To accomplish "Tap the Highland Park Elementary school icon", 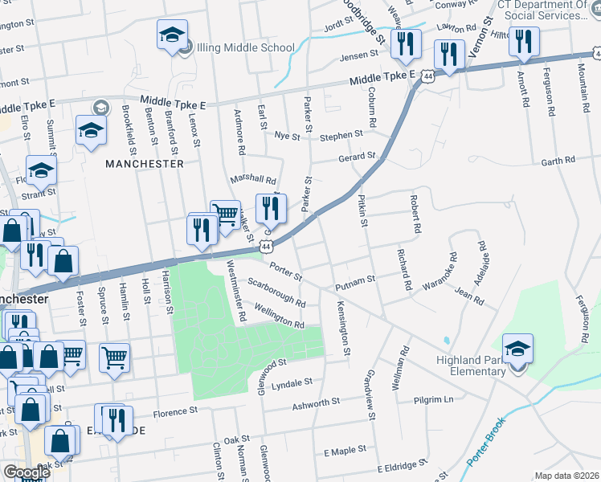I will coord(517,349).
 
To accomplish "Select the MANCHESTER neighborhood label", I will coord(145,163).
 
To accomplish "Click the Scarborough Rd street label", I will coord(276,293).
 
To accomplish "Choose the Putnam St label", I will coord(355,281).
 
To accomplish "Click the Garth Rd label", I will coord(558,161).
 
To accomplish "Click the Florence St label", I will coord(175,411).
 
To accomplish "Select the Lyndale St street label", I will coord(292,384).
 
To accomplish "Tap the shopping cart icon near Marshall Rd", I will coord(225,214).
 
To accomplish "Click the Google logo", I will coord(27,472).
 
